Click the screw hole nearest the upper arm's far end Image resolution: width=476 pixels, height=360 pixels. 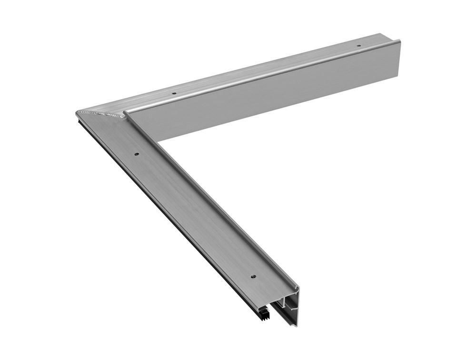tap(359, 46)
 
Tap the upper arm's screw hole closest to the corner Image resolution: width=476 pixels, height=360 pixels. tap(174, 93)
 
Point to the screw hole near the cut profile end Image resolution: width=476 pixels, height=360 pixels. tap(253, 276)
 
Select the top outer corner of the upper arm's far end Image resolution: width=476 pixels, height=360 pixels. tap(399, 41)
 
